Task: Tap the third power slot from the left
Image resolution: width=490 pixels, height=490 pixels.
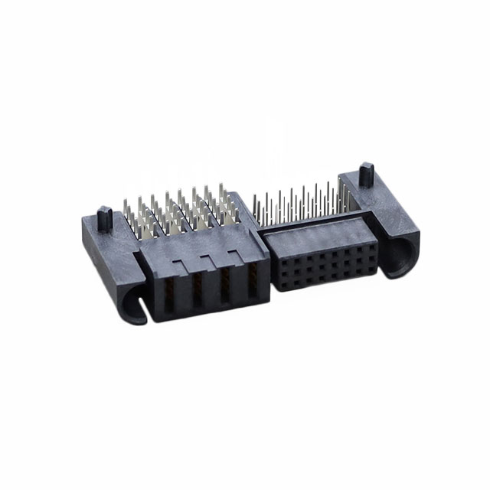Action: (x=225, y=285)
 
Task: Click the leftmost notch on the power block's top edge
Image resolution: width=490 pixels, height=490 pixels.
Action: (x=178, y=266)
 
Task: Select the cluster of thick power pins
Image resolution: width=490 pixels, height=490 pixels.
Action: (x=180, y=211)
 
